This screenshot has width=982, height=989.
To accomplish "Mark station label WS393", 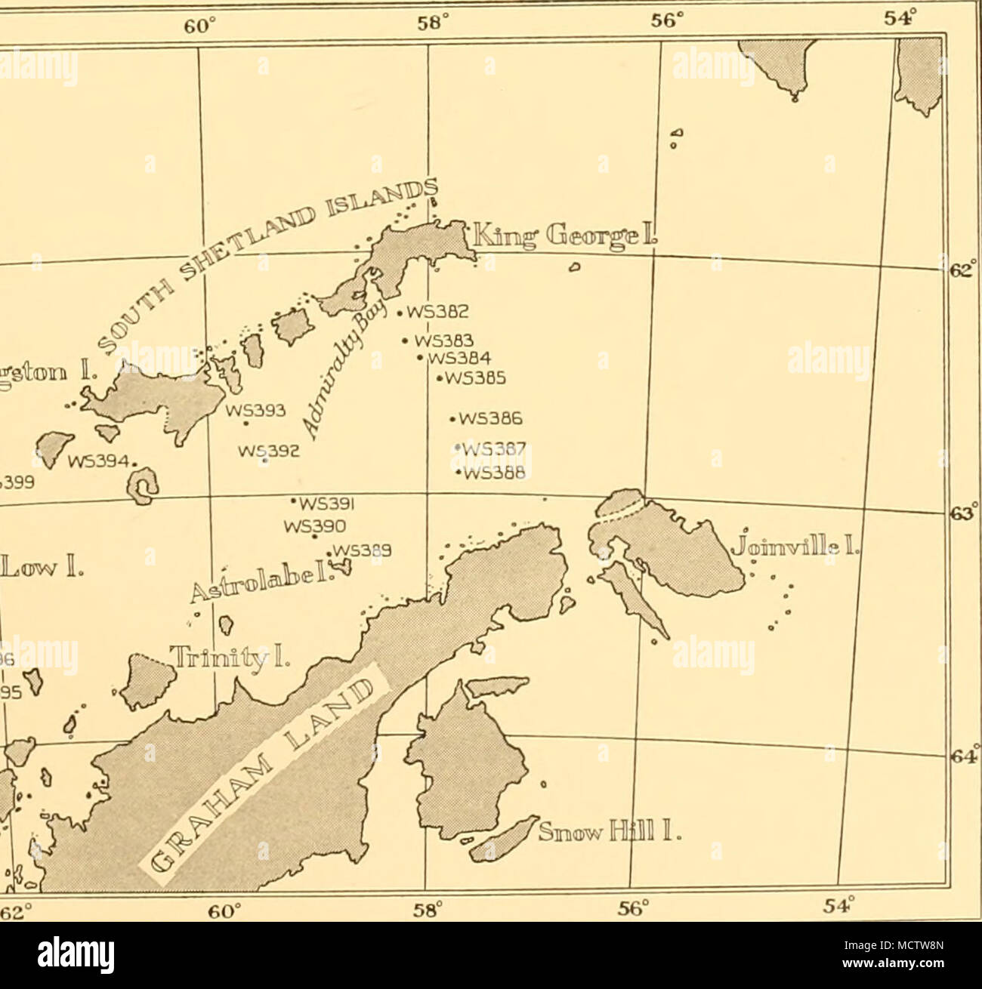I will [x=258, y=411].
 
